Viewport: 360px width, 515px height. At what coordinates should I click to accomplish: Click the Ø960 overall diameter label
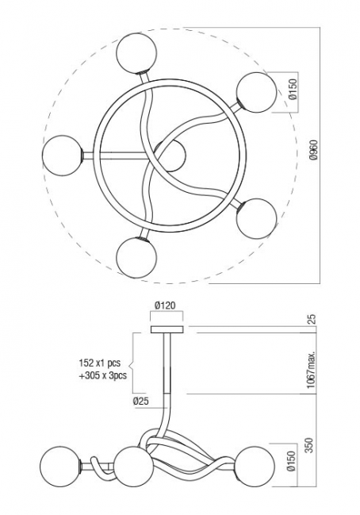314,150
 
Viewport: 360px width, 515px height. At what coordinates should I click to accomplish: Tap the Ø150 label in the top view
293,89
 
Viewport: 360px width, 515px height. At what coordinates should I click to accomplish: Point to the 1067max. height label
311,369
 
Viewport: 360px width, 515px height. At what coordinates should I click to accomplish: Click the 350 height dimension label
309,444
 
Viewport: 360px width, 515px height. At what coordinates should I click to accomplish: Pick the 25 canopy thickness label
312,319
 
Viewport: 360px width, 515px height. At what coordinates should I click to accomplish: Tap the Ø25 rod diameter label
141,401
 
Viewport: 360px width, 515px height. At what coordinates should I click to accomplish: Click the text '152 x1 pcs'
100,363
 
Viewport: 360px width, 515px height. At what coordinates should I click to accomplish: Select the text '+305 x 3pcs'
103,375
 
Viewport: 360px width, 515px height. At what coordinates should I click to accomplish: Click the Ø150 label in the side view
292,460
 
